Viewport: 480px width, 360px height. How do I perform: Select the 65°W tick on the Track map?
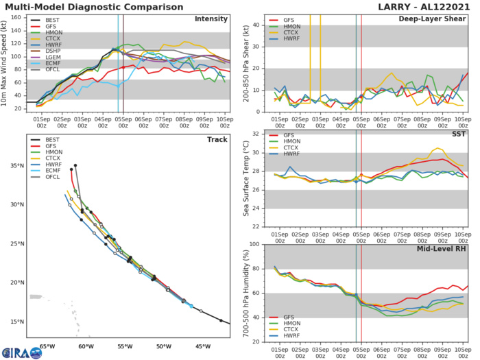pyautogui.click(x=47, y=346)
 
